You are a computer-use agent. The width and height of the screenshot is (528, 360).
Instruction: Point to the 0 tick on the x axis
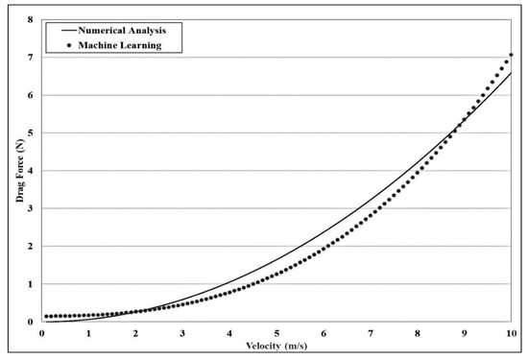[x=42, y=333]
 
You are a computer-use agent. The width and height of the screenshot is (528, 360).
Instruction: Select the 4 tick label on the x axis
[x=229, y=333]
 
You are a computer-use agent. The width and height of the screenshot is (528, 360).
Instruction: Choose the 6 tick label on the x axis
[x=324, y=333]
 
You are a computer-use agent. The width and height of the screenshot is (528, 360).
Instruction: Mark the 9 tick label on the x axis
[x=465, y=333]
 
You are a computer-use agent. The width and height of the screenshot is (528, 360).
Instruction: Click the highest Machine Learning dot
[x=511, y=56]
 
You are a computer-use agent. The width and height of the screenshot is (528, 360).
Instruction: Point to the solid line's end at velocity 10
[x=511, y=73]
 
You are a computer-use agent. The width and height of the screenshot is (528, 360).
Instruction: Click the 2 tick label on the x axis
[x=135, y=333]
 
